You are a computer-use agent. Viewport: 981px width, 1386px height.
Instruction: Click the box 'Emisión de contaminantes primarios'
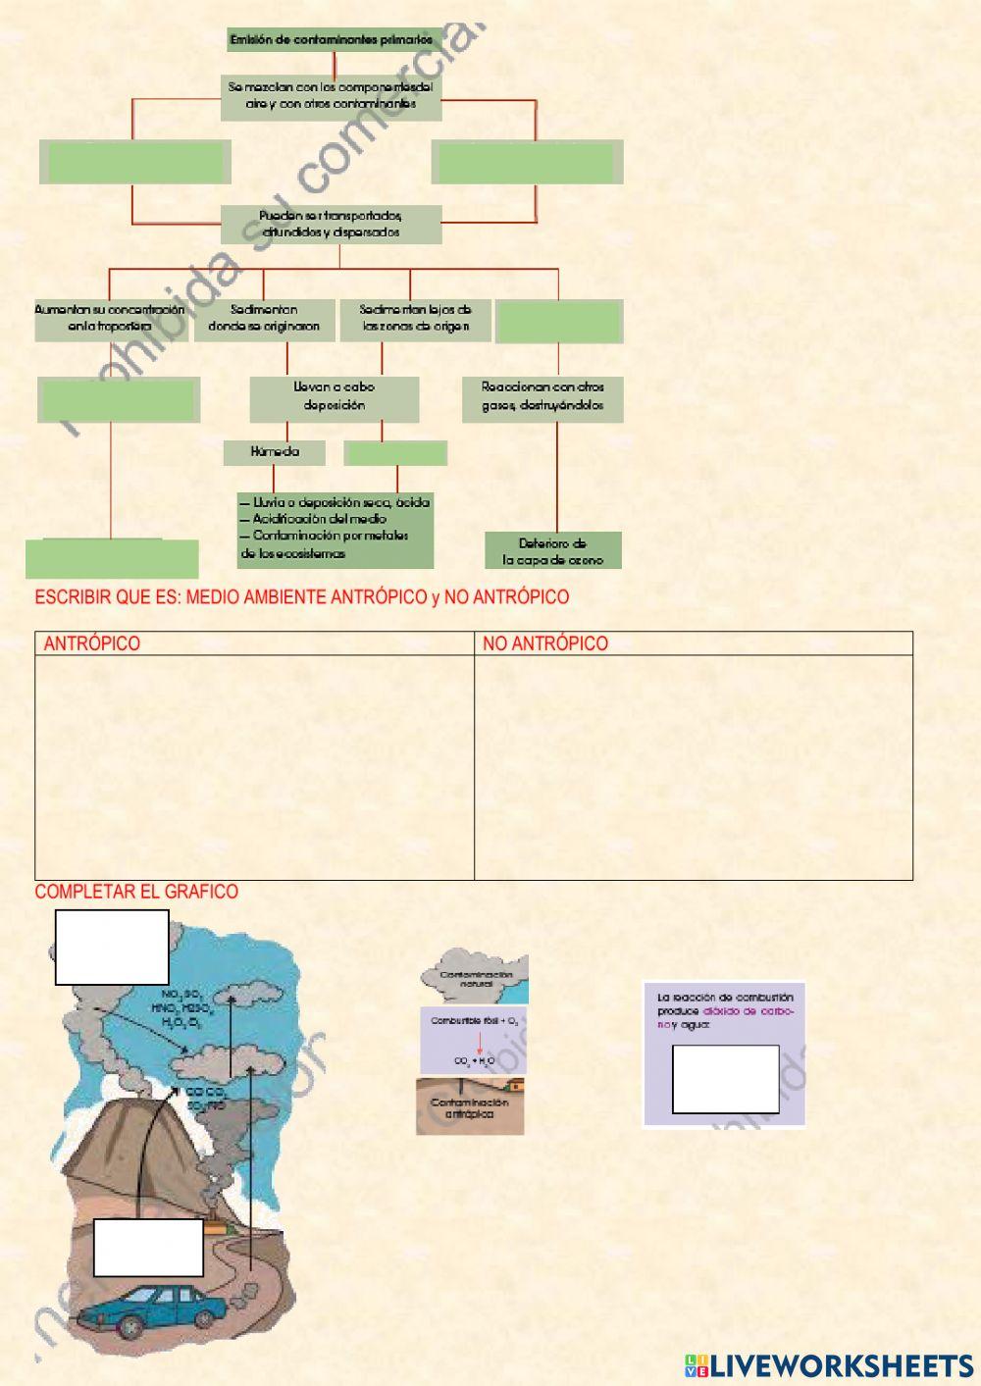331,40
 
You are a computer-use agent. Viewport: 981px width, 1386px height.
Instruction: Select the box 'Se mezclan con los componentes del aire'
331,95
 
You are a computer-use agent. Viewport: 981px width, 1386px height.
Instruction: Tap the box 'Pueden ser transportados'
331,224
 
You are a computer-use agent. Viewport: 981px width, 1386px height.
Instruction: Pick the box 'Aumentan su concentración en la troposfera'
111,318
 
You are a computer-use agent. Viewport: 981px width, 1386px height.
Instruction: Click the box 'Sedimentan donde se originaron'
264,318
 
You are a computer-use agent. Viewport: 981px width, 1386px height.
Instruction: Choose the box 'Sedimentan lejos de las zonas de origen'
415,318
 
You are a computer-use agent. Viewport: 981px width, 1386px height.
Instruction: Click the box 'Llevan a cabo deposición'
334,396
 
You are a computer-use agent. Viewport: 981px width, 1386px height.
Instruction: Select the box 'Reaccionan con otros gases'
542,396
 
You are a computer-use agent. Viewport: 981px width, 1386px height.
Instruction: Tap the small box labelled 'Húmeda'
275,452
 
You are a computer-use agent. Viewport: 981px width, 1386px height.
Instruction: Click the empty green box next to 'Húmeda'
395,453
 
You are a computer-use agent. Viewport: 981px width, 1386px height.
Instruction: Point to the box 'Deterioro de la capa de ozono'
553,551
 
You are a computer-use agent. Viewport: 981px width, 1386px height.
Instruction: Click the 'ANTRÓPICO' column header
92,643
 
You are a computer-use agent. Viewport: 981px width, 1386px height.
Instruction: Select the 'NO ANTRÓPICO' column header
545,643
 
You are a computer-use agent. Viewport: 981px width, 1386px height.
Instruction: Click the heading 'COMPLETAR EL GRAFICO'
136,892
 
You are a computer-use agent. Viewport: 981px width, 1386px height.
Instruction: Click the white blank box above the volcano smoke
112,947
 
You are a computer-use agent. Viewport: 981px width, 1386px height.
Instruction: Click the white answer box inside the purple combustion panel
725,1079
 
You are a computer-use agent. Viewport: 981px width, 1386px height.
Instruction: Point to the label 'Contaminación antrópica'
470,1108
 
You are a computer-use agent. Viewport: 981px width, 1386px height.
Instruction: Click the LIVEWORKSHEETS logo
829,1364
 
